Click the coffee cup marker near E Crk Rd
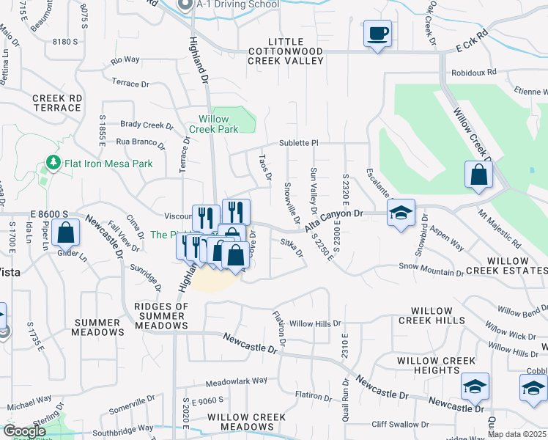(x=377, y=34)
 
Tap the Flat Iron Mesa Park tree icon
(x=52, y=161)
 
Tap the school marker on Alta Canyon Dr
(x=401, y=213)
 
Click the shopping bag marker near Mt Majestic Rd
(x=478, y=175)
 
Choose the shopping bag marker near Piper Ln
(x=66, y=233)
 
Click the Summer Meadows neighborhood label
(x=98, y=327)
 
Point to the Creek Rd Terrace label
(x=56, y=103)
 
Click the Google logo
(x=25, y=431)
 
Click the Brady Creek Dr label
(x=147, y=125)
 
